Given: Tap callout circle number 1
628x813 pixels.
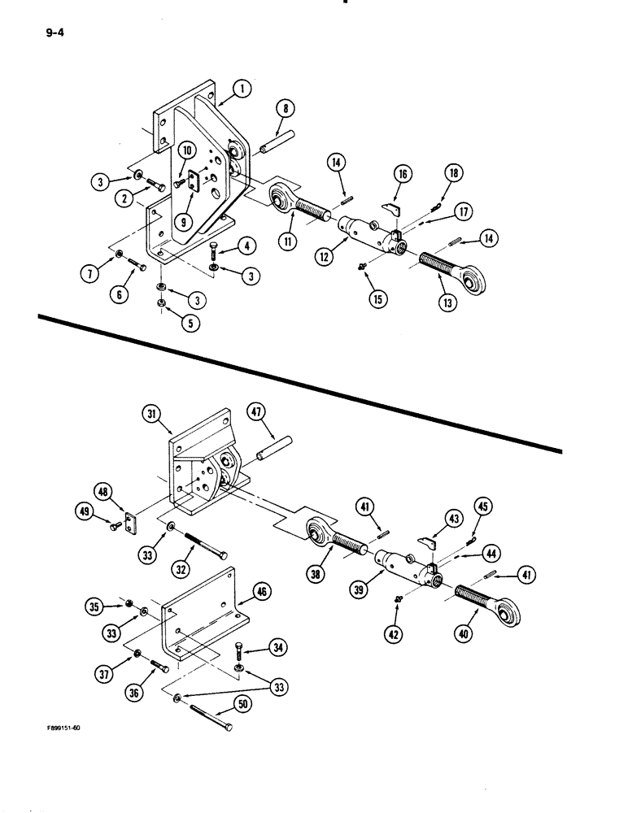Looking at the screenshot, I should coord(242,90).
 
